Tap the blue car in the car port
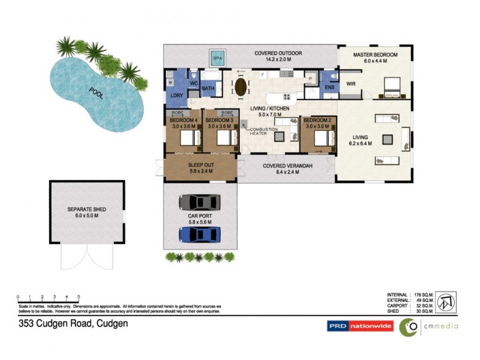point(199,233)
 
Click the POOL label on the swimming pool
point(96,94)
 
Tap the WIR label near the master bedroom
point(351,83)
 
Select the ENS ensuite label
point(329,88)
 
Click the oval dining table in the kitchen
point(241,86)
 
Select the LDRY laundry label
point(176,96)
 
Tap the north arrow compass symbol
point(445,302)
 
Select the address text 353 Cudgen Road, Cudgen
point(72,323)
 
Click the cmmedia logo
point(430,326)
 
